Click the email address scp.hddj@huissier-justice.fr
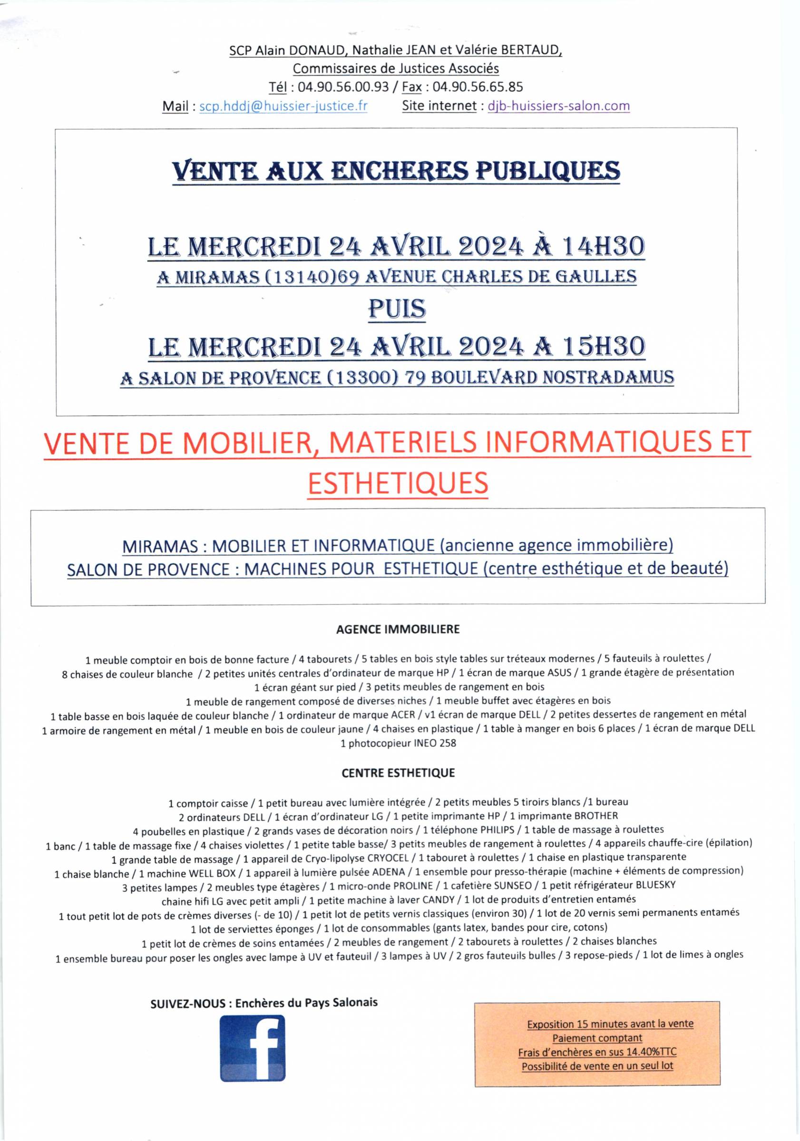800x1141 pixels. (283, 106)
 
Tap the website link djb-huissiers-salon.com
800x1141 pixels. (558, 106)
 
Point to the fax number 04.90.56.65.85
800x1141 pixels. (478, 87)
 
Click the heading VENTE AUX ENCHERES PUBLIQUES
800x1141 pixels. (396, 171)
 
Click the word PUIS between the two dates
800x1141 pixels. (397, 309)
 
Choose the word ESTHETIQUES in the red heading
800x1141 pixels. (398, 483)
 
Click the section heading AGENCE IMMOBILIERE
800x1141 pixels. (398, 629)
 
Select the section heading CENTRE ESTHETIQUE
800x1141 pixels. (398, 773)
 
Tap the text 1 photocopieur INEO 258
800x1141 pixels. (398, 744)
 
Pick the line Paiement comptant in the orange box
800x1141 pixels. (596, 1038)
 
